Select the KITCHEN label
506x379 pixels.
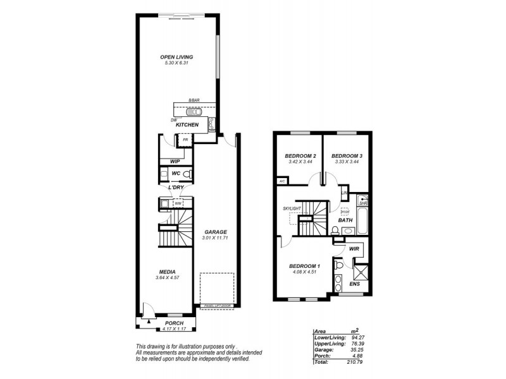click(188, 124)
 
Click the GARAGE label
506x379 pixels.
click(215, 232)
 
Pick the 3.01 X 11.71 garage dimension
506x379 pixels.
click(215, 238)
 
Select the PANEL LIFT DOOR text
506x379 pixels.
click(218, 306)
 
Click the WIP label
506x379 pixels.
click(167, 161)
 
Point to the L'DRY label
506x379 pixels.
click(176, 188)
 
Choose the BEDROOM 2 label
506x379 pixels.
click(299, 155)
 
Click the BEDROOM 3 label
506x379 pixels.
click(346, 155)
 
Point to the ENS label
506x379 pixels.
click(355, 284)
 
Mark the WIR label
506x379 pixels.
click(354, 250)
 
